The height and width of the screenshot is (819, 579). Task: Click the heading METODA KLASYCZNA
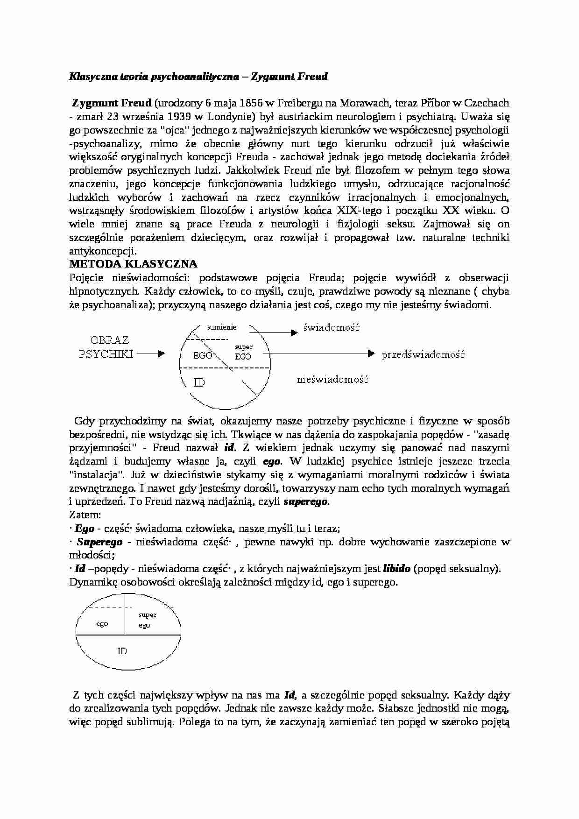(133, 264)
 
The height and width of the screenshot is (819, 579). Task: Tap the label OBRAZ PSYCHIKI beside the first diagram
(106, 347)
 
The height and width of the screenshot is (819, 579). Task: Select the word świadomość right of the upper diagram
(332, 327)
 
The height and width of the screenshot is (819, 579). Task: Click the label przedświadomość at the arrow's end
(423, 354)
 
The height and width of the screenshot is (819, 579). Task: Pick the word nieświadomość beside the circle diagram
(332, 379)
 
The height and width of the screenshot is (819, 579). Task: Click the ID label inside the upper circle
(199, 383)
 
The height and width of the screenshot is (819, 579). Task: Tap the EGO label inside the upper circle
(203, 355)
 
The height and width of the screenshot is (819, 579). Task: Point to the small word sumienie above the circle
(222, 327)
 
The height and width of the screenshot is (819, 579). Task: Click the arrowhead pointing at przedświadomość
(372, 353)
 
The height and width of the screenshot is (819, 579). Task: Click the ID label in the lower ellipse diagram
(122, 650)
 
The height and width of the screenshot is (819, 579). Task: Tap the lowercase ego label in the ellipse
(102, 623)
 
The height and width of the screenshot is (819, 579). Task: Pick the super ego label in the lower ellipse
(147, 620)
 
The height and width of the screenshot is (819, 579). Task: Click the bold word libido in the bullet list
(396, 569)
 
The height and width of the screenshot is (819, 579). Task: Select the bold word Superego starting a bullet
(99, 542)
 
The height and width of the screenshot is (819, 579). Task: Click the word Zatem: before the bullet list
(85, 515)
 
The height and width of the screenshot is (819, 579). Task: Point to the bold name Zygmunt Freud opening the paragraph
(112, 103)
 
